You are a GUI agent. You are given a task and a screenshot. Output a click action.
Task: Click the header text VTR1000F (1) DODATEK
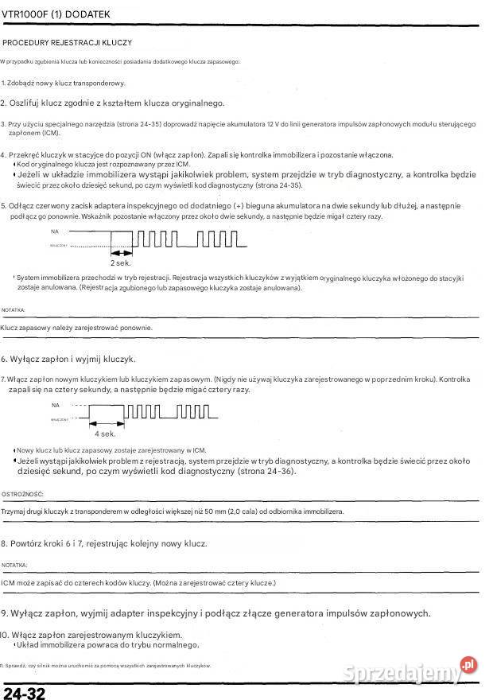click(x=56, y=14)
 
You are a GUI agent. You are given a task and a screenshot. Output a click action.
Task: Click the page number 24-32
click(x=24, y=693)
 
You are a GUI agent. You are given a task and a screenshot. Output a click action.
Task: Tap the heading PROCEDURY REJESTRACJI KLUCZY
click(x=68, y=42)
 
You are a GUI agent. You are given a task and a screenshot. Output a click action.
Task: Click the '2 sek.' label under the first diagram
click(x=120, y=262)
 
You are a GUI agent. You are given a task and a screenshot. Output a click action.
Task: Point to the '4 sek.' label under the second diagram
click(x=105, y=434)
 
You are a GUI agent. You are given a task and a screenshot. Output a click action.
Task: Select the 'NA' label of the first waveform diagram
click(x=55, y=231)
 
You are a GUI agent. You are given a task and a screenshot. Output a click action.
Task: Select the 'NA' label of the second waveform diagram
click(x=55, y=405)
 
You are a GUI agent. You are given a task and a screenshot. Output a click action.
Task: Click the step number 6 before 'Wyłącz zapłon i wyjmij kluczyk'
click(x=4, y=359)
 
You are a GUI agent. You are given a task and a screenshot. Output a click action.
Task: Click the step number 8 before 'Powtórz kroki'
click(x=4, y=543)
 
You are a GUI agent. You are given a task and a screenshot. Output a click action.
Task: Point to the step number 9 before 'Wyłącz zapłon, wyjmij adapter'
click(x=4, y=613)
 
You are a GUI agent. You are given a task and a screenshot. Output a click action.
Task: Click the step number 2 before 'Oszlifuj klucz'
click(x=3, y=103)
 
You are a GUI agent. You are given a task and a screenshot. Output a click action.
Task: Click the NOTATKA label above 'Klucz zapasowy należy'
click(x=13, y=309)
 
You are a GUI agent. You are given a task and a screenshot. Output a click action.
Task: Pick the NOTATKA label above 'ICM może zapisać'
click(x=14, y=565)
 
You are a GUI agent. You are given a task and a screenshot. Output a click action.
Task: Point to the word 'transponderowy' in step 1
click(x=97, y=83)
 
